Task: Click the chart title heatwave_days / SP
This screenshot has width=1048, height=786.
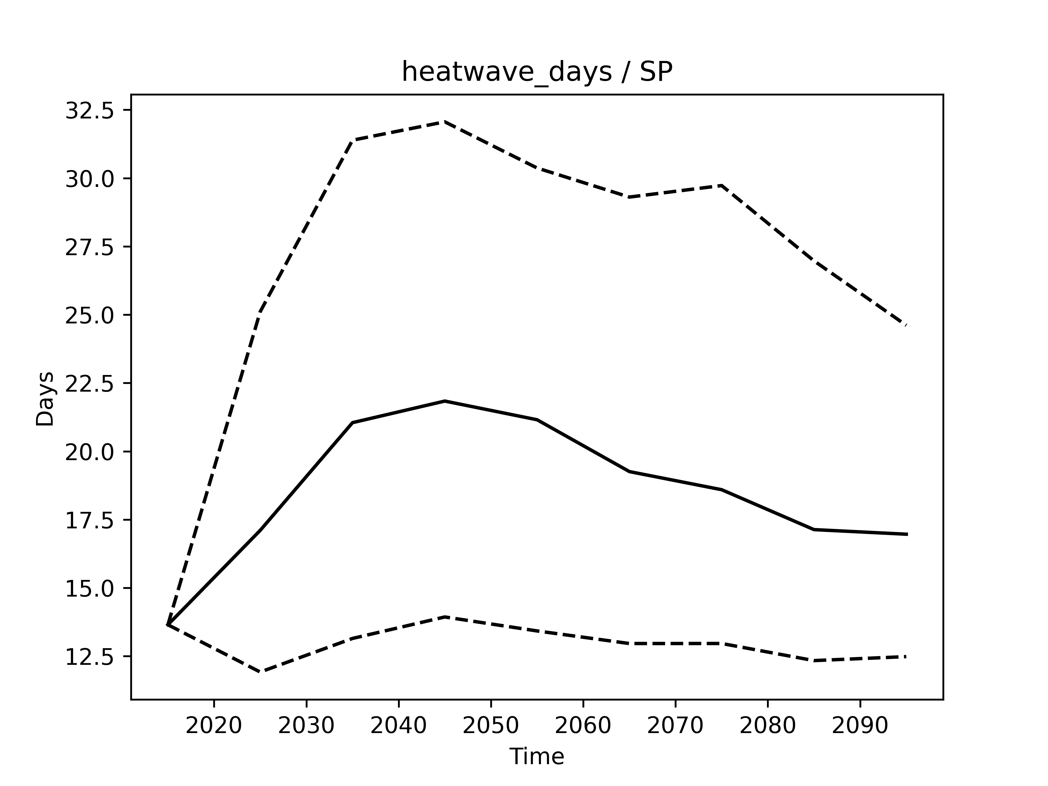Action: pyautogui.click(x=537, y=73)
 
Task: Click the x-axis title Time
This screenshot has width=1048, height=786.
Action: pyautogui.click(x=537, y=756)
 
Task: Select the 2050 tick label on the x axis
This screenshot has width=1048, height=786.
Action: pyautogui.click(x=490, y=726)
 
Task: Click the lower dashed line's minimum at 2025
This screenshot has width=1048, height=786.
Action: pyautogui.click(x=260, y=672)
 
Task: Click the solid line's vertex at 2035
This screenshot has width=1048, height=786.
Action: pyautogui.click(x=353, y=422)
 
